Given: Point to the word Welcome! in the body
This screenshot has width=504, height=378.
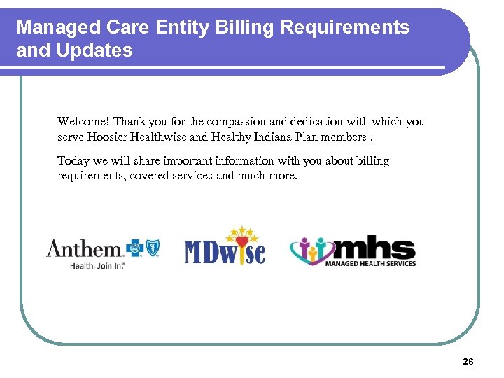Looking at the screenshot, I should pos(83,121).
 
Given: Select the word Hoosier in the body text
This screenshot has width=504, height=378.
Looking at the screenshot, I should pos(107,136).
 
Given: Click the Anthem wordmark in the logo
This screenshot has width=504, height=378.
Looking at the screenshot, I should pos(84,248).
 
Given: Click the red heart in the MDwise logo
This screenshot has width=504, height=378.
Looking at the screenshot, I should pos(241,243).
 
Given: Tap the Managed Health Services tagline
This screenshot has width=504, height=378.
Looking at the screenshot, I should pos(371,264).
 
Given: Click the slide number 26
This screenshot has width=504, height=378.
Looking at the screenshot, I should pos(468,361).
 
